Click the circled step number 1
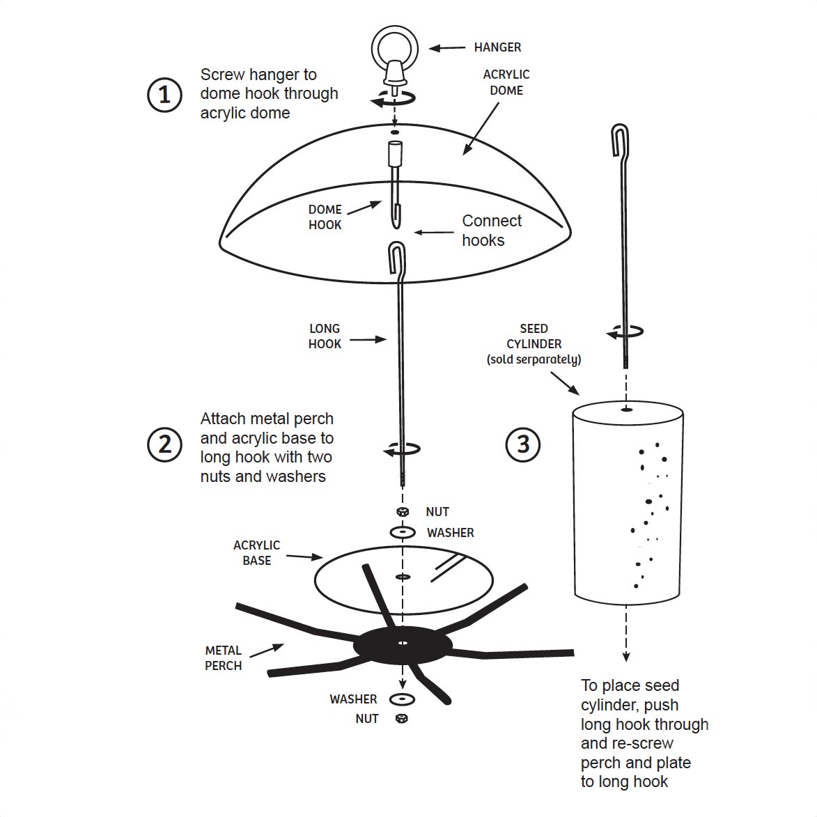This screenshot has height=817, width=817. [164, 94]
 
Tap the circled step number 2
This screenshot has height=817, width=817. [164, 444]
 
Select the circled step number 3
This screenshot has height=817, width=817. [523, 444]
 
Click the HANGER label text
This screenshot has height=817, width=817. [497, 47]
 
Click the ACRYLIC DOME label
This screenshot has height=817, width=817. [506, 82]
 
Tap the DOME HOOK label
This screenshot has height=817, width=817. [325, 217]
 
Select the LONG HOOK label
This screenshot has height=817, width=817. [325, 336]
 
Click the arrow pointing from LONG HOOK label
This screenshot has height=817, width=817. [367, 340]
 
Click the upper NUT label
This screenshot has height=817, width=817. [437, 512]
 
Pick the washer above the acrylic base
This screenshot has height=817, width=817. [403, 533]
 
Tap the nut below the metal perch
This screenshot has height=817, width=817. [402, 718]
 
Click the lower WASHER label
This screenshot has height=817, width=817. [353, 699]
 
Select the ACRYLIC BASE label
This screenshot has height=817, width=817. [256, 552]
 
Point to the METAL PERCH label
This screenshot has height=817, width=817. [223, 658]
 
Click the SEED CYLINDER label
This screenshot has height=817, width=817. [534, 343]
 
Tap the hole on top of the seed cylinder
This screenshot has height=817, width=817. [626, 409]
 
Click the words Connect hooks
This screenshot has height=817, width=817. [491, 230]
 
